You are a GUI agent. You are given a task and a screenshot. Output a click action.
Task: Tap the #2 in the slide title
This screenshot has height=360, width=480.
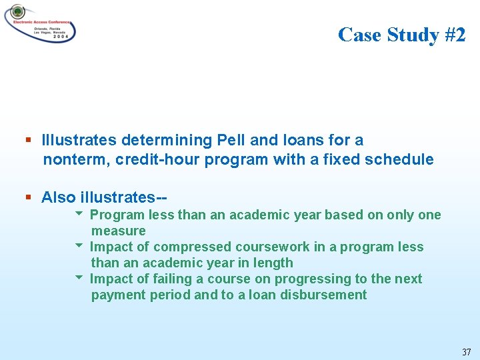click(x=453, y=34)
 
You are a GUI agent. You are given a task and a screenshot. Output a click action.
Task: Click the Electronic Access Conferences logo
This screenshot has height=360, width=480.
click(x=40, y=23)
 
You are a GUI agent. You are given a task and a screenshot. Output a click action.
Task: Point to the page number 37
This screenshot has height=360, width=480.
click(x=466, y=351)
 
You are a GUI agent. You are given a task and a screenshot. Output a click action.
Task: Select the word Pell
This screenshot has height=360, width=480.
click(x=232, y=140)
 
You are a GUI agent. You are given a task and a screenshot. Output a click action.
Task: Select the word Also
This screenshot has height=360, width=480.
click(x=58, y=197)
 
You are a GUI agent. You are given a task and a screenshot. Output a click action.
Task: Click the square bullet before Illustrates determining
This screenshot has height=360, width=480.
click(x=29, y=141)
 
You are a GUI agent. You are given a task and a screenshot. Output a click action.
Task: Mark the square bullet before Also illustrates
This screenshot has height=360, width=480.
click(x=29, y=197)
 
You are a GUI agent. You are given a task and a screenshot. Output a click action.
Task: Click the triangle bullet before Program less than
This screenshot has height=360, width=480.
click(x=79, y=214)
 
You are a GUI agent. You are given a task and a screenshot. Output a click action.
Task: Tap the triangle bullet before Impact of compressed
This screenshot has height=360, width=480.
click(x=79, y=246)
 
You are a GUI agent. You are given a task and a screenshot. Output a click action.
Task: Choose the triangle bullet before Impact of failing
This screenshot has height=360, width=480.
click(x=79, y=278)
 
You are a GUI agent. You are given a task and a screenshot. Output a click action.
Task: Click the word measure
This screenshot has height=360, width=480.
click(x=118, y=231)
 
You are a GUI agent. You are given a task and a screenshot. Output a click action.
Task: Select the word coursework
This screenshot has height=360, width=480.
click(x=269, y=247)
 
